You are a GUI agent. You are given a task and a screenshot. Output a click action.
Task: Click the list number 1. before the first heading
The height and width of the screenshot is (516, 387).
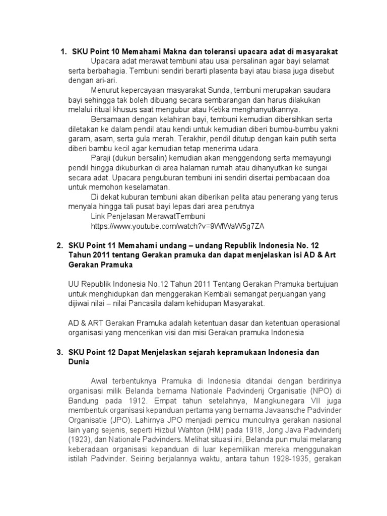click(63, 52)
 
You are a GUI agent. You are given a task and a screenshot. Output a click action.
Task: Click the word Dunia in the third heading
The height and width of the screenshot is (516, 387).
click(79, 361)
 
